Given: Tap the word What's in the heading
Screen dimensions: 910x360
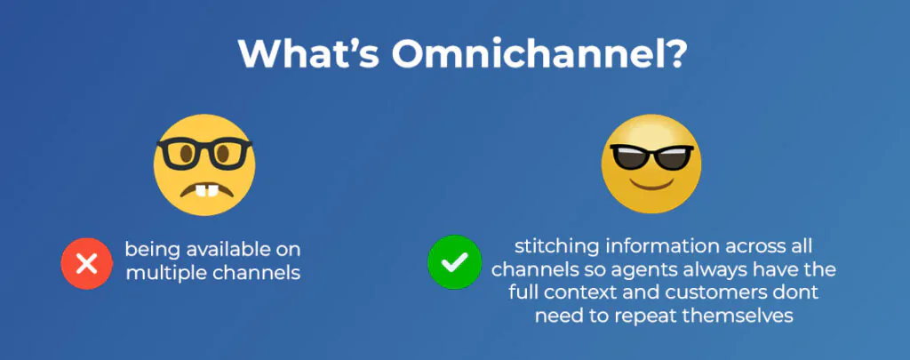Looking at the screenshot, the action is click(x=308, y=54).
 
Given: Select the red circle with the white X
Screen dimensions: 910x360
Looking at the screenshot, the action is click(x=87, y=264).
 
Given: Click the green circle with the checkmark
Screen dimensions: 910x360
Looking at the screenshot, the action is click(x=454, y=262).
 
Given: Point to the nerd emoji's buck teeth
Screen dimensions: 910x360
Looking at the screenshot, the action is click(x=204, y=190).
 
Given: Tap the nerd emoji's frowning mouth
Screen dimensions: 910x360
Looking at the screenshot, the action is click(x=204, y=188).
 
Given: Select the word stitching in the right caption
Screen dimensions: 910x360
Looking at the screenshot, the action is click(x=549, y=246).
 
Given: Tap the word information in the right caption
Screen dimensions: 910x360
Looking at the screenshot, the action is click(x=643, y=245).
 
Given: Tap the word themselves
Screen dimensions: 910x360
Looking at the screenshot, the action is click(x=745, y=316).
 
